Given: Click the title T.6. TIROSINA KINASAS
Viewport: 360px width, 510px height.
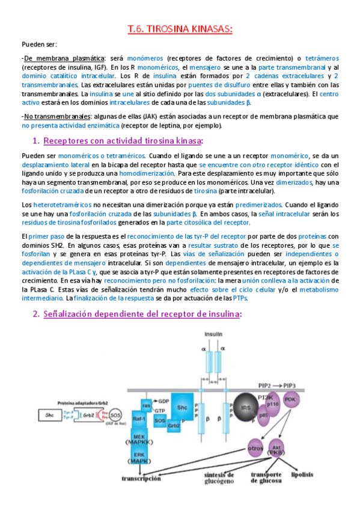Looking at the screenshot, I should (x=180, y=29).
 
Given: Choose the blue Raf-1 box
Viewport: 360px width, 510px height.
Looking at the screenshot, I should (x=140, y=419).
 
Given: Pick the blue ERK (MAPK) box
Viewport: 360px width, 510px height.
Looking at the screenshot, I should (x=139, y=457).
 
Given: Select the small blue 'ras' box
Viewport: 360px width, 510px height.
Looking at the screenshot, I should (x=145, y=404).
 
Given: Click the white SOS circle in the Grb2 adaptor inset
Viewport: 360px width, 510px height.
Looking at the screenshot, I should (x=114, y=414).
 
